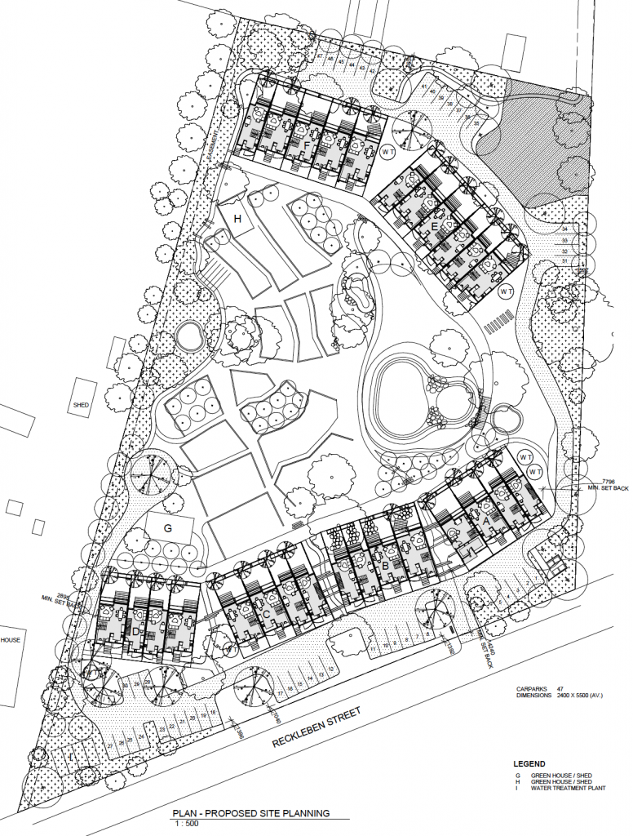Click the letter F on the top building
[x=306, y=146]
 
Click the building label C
[x=266, y=615]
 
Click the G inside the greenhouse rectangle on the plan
[x=168, y=528]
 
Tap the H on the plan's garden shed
[x=238, y=219]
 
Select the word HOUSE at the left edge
[x=10, y=640]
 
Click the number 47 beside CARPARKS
[x=559, y=688]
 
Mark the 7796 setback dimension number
[x=609, y=482]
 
